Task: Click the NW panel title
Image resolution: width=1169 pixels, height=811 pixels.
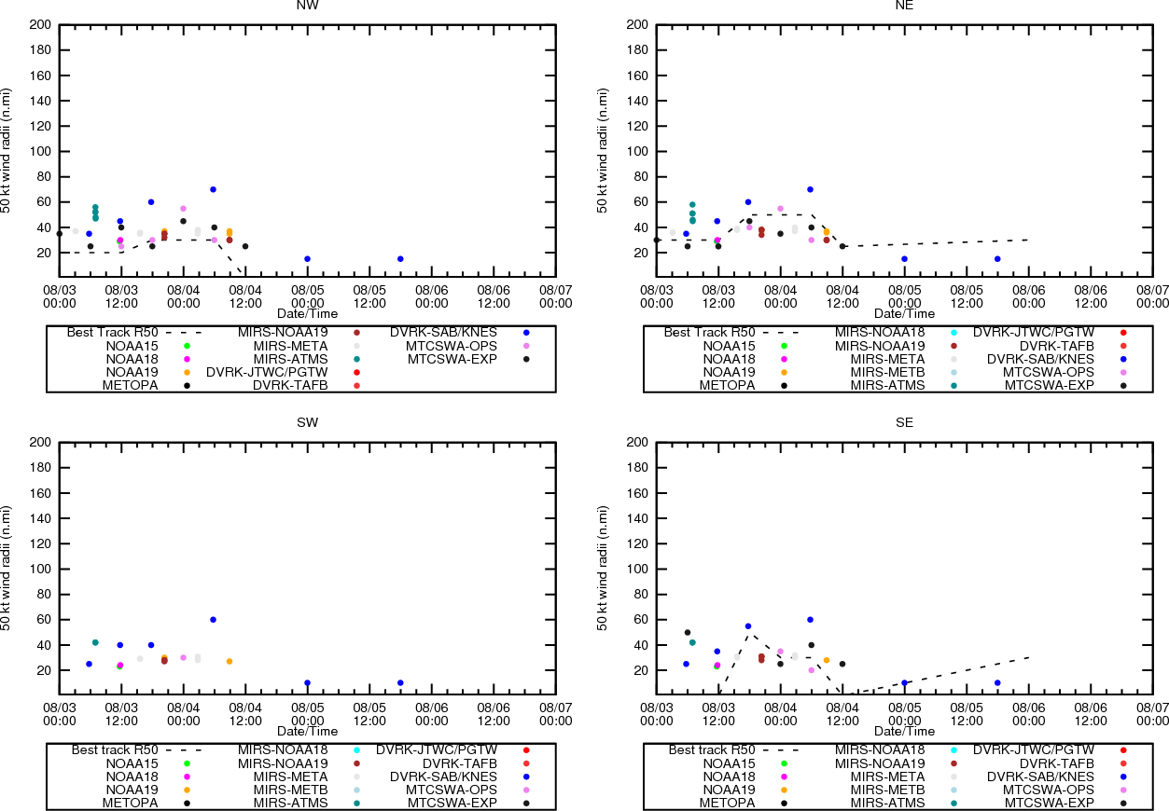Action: (x=307, y=6)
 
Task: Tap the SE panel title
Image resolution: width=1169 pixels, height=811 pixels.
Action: (x=904, y=422)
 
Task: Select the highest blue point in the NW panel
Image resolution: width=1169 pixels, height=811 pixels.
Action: (x=213, y=189)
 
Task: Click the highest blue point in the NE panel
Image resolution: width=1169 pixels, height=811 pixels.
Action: (x=810, y=189)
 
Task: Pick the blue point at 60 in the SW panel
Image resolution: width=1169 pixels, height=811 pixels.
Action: (x=213, y=619)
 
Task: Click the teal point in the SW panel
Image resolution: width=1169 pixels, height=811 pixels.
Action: (x=95, y=642)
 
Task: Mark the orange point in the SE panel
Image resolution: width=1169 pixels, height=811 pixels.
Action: (x=826, y=660)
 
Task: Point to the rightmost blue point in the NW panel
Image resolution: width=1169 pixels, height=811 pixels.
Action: (x=400, y=259)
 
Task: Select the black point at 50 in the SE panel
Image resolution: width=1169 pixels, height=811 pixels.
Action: (x=688, y=632)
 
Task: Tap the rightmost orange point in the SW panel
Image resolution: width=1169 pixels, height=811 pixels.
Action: (x=230, y=662)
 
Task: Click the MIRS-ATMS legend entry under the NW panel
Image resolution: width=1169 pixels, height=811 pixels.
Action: (x=290, y=359)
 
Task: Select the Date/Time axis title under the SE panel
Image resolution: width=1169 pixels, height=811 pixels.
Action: (x=904, y=732)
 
